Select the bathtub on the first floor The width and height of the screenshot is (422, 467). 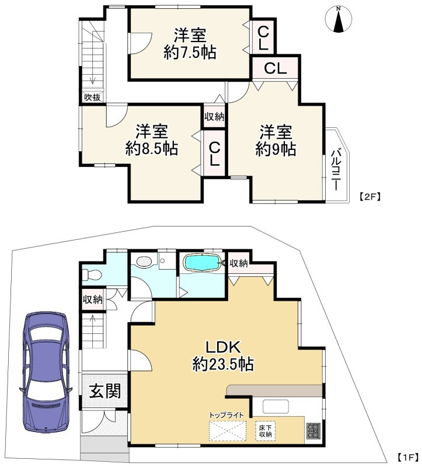pos(203,262)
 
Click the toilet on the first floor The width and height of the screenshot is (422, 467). pos(92,274)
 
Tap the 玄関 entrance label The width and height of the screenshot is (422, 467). pos(106,391)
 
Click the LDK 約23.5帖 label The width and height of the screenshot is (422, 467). pos(224,356)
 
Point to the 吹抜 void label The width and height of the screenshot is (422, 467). pos(92,97)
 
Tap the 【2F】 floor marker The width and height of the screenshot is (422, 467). pos(369,197)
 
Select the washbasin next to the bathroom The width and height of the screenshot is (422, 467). pos(144,262)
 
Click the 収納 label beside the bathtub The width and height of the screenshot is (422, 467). pos(239,263)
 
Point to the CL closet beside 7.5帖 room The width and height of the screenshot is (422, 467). pos(263,37)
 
